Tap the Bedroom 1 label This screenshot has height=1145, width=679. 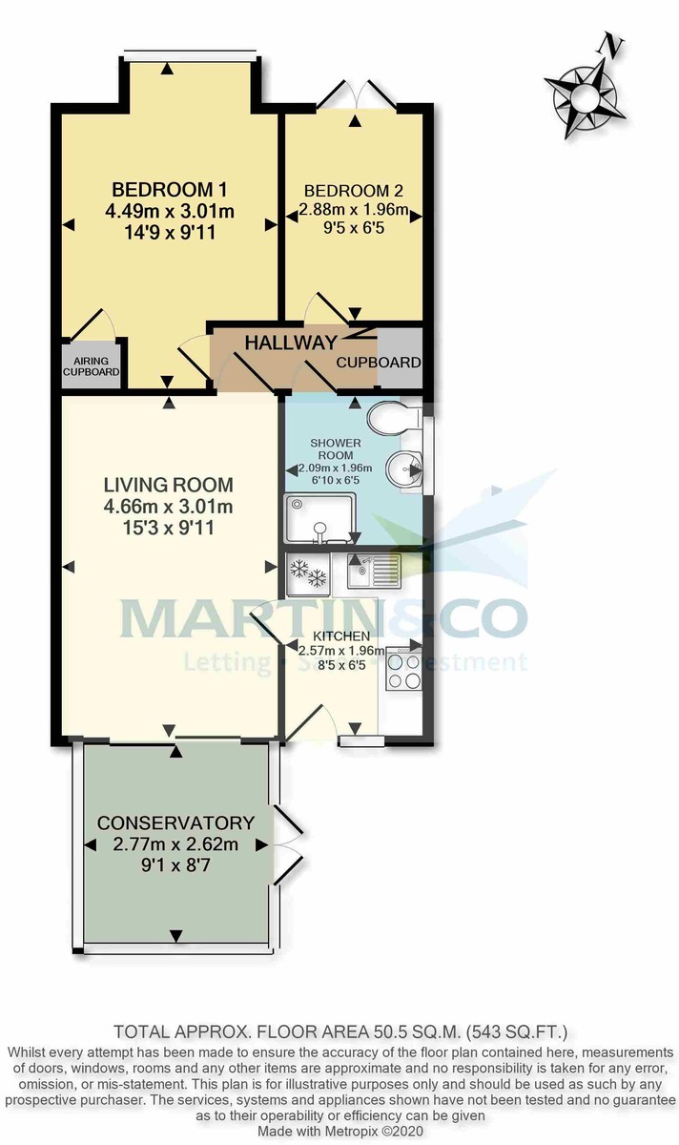(x=169, y=188)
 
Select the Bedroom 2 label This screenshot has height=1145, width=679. (x=354, y=191)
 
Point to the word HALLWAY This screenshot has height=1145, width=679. (x=291, y=343)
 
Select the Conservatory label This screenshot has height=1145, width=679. (x=176, y=822)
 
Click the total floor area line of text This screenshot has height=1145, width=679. (x=339, y=1031)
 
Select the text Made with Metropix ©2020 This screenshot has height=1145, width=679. (x=339, y=1131)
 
